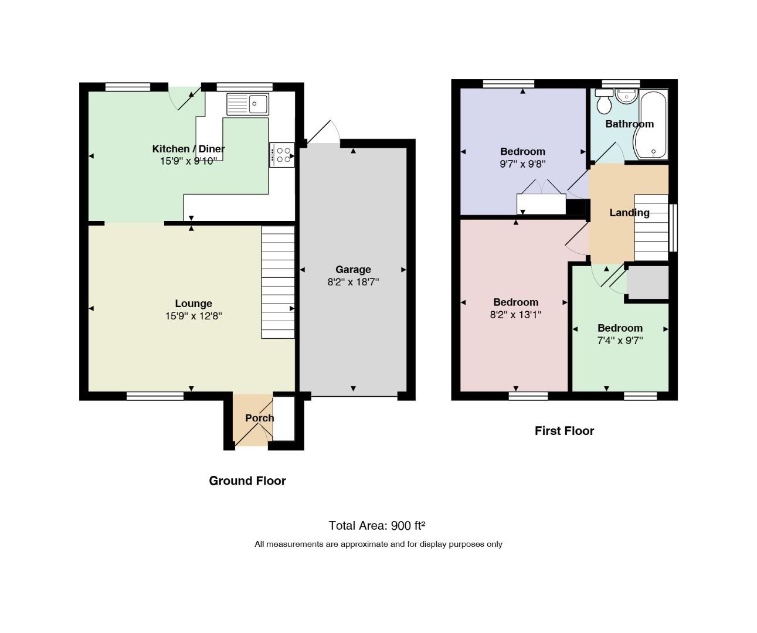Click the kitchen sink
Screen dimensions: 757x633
pyautogui.click(x=247, y=104)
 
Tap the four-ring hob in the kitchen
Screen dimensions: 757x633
pyautogui.click(x=281, y=155)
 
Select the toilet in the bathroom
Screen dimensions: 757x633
pyautogui.click(x=603, y=101)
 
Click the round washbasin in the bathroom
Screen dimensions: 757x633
pyautogui.click(x=626, y=96)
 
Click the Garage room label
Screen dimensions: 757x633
pyautogui.click(x=353, y=269)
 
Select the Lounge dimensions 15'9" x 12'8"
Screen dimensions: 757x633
pyautogui.click(x=194, y=316)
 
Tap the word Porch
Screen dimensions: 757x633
pyautogui.click(x=260, y=418)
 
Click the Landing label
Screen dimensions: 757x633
pyautogui.click(x=629, y=213)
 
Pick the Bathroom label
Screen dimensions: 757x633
pyautogui.click(x=629, y=124)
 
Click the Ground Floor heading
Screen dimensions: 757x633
pyautogui.click(x=247, y=481)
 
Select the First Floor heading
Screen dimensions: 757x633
pyautogui.click(x=564, y=431)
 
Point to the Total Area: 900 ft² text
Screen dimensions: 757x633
pyautogui.click(x=376, y=525)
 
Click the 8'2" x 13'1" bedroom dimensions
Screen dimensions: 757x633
pyautogui.click(x=515, y=315)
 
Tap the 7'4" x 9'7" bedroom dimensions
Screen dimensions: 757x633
pyautogui.click(x=620, y=340)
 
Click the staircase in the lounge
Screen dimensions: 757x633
pyautogui.click(x=278, y=283)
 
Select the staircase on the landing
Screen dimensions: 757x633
pyautogui.click(x=651, y=227)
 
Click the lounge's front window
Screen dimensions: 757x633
pyautogui.click(x=155, y=396)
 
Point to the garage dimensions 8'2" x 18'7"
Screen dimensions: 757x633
pyautogui.click(x=353, y=282)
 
